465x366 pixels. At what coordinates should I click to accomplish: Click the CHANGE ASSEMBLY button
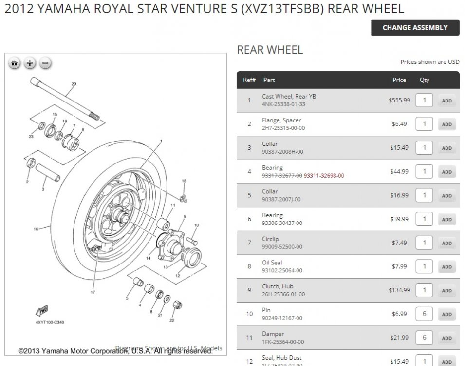pyautogui.click(x=415, y=28)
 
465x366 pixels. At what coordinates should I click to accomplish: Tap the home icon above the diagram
pyautogui.click(x=15, y=63)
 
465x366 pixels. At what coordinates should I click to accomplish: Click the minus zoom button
pyautogui.click(x=45, y=63)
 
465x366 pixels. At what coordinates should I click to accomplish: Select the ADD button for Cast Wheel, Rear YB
pyautogui.click(x=446, y=101)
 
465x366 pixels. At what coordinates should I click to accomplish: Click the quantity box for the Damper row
pyautogui.click(x=424, y=338)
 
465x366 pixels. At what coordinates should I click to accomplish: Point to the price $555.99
pyautogui.click(x=399, y=100)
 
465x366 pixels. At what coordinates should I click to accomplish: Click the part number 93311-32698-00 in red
pyautogui.click(x=324, y=176)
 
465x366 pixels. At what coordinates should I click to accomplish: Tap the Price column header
pyautogui.click(x=399, y=80)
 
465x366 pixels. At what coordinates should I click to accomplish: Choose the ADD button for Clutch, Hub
pyautogui.click(x=446, y=291)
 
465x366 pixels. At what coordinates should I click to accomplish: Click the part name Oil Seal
pyautogui.click(x=272, y=263)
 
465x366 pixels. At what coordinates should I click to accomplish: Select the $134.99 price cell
pyautogui.click(x=399, y=290)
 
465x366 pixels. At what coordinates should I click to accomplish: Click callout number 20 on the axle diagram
pyautogui.click(x=74, y=84)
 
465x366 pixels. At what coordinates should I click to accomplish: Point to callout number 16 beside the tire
pyautogui.click(x=36, y=229)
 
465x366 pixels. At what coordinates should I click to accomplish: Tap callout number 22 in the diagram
pyautogui.click(x=171, y=320)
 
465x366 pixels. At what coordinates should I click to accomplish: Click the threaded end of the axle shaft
pyautogui.click(x=94, y=117)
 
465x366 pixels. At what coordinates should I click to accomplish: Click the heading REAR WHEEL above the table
pyautogui.click(x=270, y=50)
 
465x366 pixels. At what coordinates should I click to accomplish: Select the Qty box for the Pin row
pyautogui.click(x=424, y=314)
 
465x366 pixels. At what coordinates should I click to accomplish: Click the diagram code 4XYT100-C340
pyautogui.click(x=50, y=322)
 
